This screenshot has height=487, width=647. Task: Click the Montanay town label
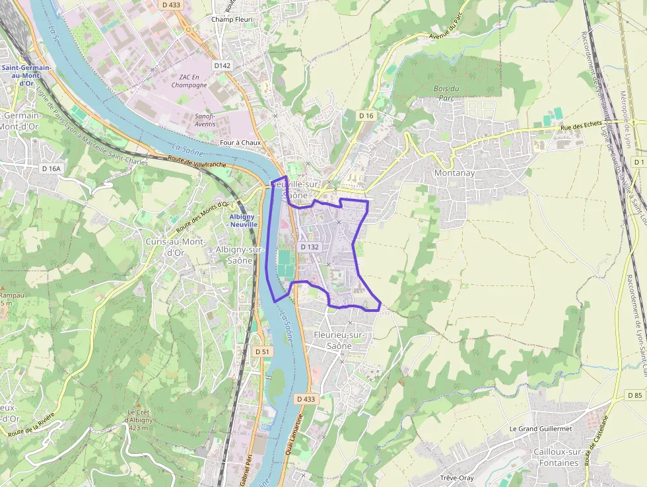(x=454, y=172)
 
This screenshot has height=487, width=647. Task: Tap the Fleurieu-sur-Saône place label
(x=339, y=340)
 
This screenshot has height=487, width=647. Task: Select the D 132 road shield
(x=310, y=246)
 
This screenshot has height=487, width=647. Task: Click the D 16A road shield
(x=51, y=169)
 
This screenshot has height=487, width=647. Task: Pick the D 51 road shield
(x=263, y=352)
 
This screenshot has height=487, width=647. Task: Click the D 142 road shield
(x=222, y=65)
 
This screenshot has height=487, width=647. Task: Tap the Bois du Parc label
(x=446, y=93)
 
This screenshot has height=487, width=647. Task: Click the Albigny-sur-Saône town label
(x=240, y=254)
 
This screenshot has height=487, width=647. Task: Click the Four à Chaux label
(x=240, y=142)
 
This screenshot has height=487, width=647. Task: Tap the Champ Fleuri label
(x=232, y=19)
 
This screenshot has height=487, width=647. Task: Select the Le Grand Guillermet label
(x=540, y=428)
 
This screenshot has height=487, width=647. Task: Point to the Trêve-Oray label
(x=457, y=478)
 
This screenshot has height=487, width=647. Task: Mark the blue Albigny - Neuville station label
(x=243, y=221)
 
